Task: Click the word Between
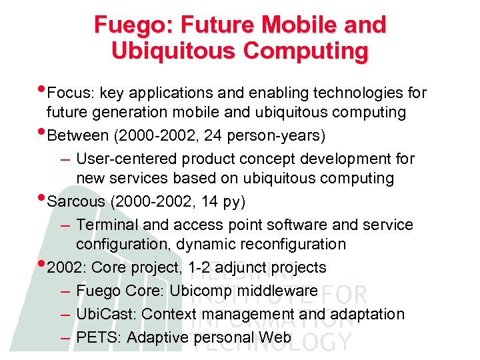(78, 136)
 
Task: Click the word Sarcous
(77, 201)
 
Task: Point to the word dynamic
(203, 244)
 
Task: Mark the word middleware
(278, 291)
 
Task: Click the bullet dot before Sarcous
(43, 198)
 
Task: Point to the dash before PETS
(64, 338)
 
